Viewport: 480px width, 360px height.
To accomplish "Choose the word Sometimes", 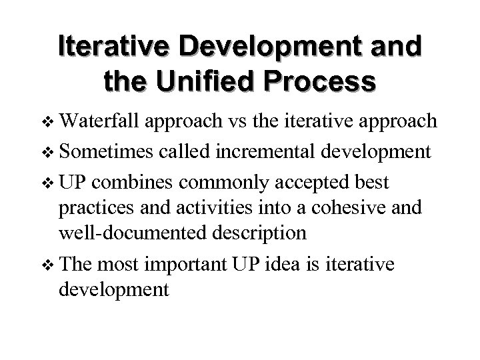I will (x=107, y=151).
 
